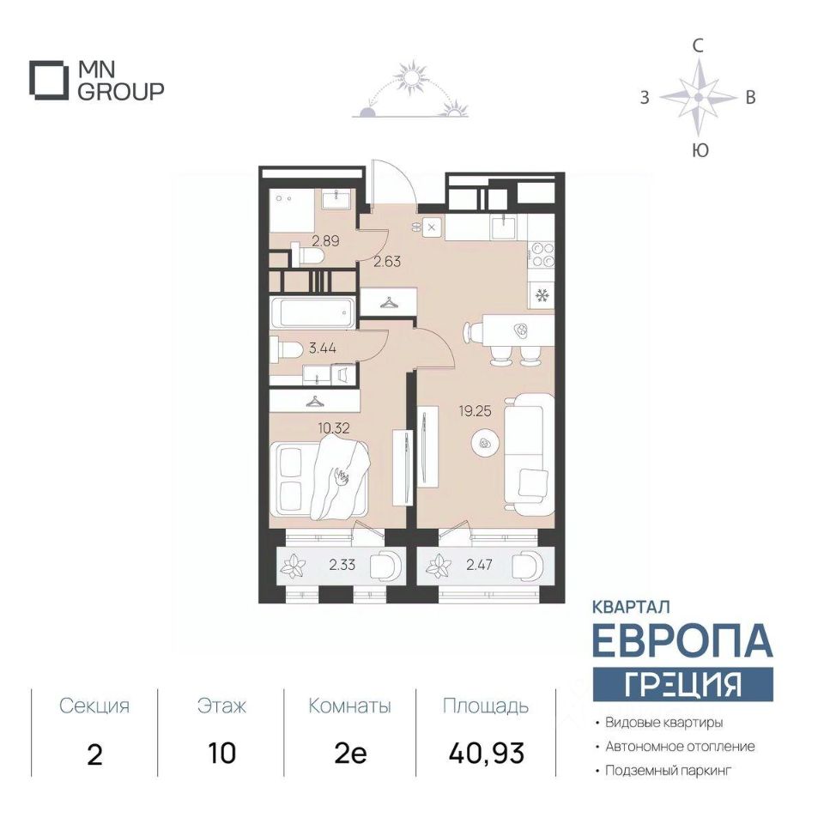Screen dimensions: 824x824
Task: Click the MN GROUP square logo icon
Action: [49, 81]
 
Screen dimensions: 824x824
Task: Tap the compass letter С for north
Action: [698, 46]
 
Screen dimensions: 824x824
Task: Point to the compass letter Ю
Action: [700, 151]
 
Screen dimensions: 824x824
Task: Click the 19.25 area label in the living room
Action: [475, 411]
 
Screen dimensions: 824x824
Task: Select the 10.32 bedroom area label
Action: [334, 427]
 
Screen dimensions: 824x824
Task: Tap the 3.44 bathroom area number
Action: [323, 348]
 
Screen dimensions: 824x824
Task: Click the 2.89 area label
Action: [325, 241]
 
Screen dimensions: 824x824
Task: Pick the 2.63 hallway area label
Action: [387, 261]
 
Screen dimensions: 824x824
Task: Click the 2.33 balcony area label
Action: [342, 565]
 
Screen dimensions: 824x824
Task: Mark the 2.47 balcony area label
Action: [479, 565]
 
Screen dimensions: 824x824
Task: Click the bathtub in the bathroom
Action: [315, 312]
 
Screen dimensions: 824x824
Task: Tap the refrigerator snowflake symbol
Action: [542, 296]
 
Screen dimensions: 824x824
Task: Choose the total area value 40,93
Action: [487, 753]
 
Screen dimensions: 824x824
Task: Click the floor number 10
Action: [221, 754]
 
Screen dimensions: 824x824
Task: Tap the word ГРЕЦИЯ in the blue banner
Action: [682, 684]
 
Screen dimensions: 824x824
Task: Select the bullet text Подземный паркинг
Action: [669, 771]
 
